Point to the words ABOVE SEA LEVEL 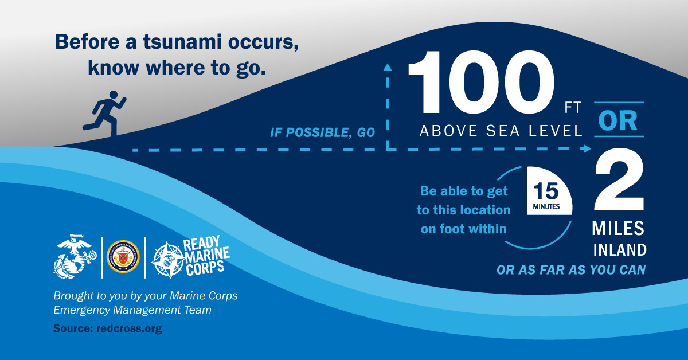pyautogui.click(x=501, y=131)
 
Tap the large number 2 pyautogui.click(x=619, y=183)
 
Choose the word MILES pyautogui.click(x=618, y=229)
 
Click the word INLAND pyautogui.click(x=619, y=251)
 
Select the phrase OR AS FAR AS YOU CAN pyautogui.click(x=571, y=270)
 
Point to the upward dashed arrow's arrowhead pyautogui.click(x=388, y=67)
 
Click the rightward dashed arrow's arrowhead pyautogui.click(x=587, y=149)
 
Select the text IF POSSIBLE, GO pyautogui.click(x=323, y=133)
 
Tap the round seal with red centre pyautogui.click(x=123, y=256)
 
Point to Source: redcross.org pyautogui.click(x=108, y=329)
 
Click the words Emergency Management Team pyautogui.click(x=132, y=310)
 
